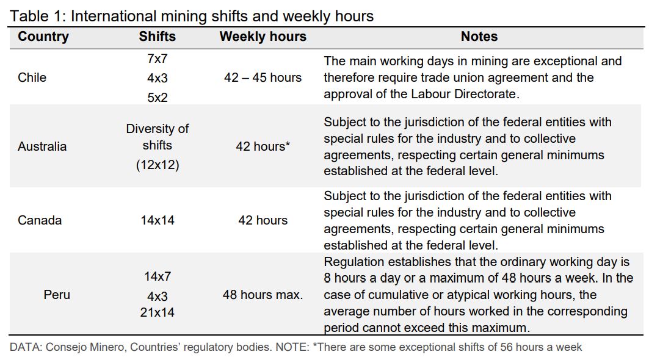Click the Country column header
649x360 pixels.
tap(43, 37)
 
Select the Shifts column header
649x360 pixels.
tap(158, 37)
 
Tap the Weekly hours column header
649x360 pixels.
tap(263, 37)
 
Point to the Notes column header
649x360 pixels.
tap(479, 37)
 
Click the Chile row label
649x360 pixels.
tap(32, 77)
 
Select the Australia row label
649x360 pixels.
tap(42, 146)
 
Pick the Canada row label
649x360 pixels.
tap(39, 220)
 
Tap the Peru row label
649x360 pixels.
tap(57, 295)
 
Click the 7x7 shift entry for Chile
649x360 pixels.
tap(158, 59)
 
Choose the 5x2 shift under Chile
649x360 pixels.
tap(158, 97)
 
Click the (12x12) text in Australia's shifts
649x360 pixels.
tap(158, 165)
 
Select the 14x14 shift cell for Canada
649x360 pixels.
tap(158, 220)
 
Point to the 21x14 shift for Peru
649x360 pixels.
tap(158, 312)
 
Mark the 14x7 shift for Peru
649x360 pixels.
tap(158, 276)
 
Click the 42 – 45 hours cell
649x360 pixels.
tap(263, 77)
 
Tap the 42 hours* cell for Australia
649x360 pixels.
tap(263, 146)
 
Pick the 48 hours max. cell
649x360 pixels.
tap(263, 295)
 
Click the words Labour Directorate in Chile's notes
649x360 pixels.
tap(463, 94)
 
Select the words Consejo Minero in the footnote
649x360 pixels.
tap(85, 347)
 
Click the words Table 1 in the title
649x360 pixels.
tap(35, 16)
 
